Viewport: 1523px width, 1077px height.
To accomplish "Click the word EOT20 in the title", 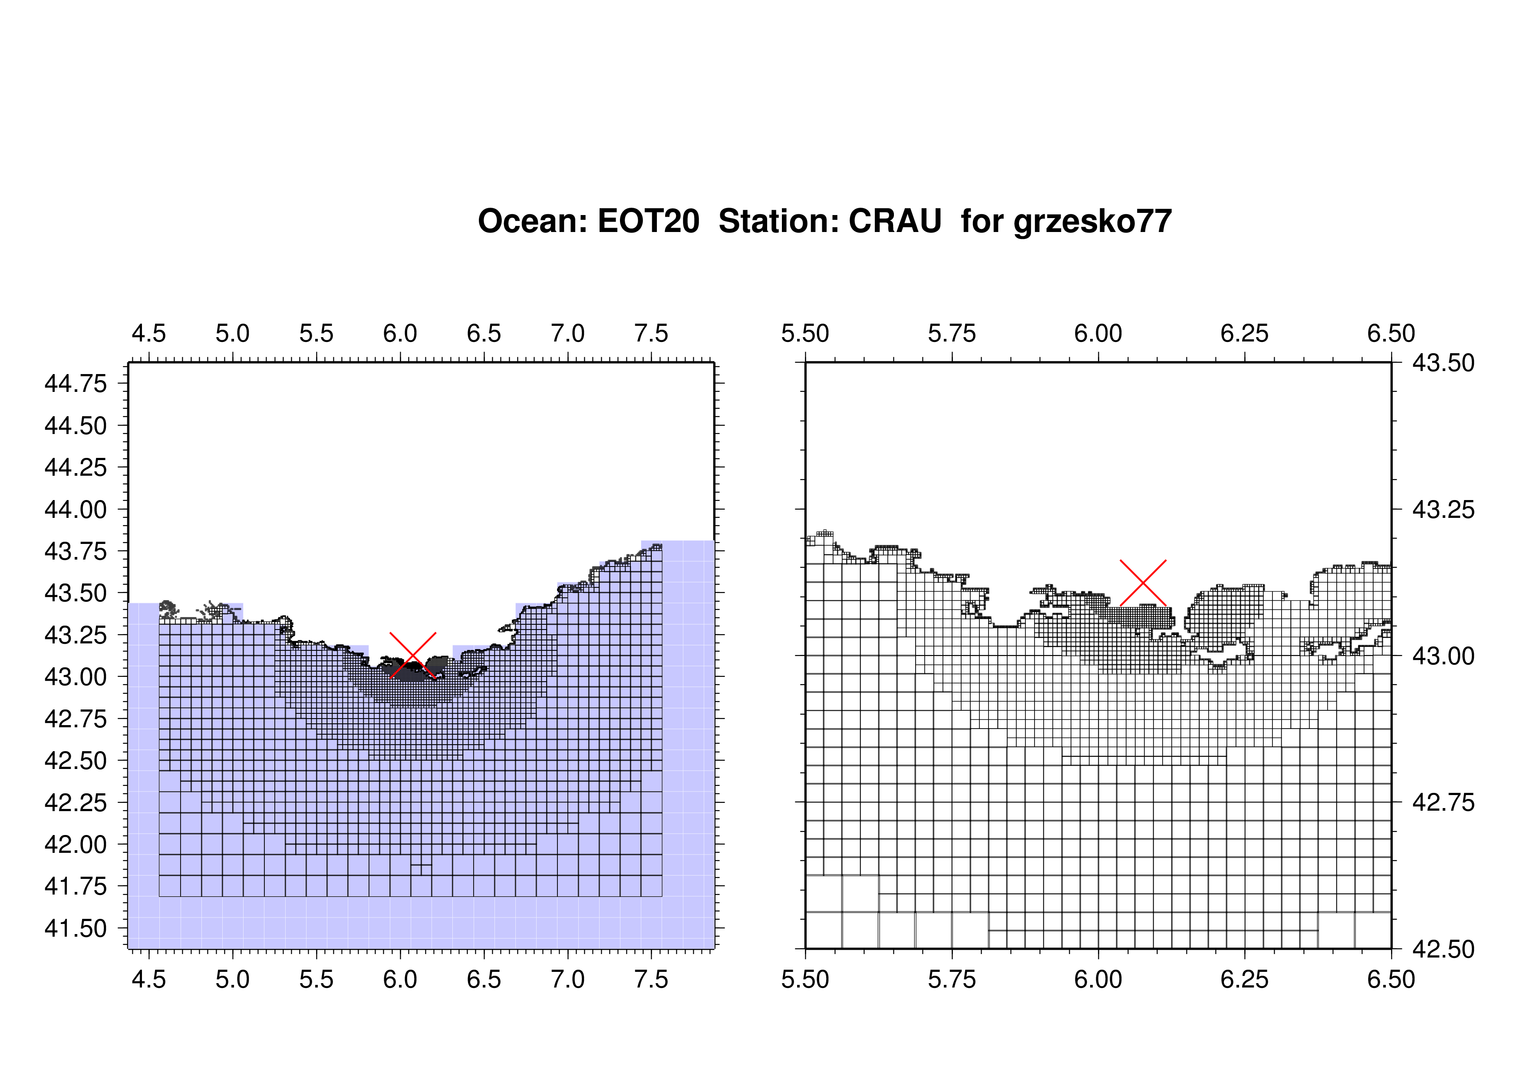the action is click(648, 221).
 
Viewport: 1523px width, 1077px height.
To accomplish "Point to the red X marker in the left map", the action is click(412, 656).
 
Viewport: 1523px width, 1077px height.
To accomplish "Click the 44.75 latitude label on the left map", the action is click(76, 384).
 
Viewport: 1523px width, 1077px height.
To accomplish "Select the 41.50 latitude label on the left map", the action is click(76, 928).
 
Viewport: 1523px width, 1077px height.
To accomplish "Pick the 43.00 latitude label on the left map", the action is click(76, 677).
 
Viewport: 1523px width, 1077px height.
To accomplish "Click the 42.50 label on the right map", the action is click(1444, 949).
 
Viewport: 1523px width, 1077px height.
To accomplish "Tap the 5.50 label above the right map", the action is click(805, 333).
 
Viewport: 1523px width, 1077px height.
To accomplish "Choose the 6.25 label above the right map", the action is click(1244, 333).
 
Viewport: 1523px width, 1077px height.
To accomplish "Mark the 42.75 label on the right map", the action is click(1444, 802).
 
